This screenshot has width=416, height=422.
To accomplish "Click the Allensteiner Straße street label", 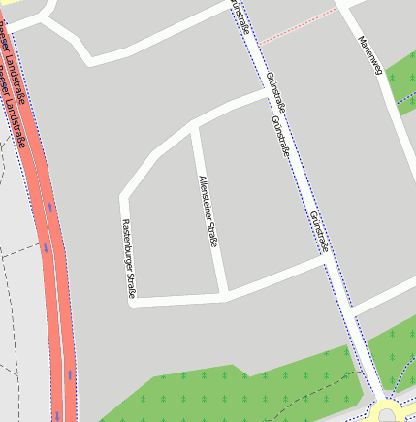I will click(x=207, y=211).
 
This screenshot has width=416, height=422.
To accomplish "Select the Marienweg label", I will click(x=369, y=56).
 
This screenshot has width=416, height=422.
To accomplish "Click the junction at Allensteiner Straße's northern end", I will click(x=194, y=124).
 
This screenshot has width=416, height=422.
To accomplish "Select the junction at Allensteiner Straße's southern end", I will click(x=224, y=292).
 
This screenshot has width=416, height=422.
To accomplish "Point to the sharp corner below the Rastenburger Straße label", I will click(x=135, y=302).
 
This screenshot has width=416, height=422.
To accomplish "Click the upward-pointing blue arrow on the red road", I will click(x=71, y=373).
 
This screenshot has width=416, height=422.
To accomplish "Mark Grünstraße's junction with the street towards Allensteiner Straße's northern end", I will click(x=267, y=93).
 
